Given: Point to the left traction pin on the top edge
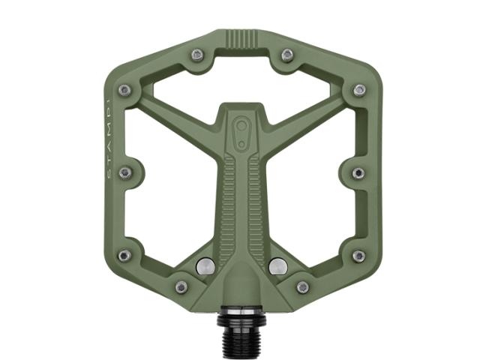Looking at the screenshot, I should tap(196, 54).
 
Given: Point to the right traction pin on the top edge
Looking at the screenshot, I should tap(286, 54).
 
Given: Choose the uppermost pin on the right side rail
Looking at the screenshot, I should tap(359, 90).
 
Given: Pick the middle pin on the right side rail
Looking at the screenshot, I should tap(358, 172).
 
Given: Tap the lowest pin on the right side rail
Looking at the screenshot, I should tap(358, 256).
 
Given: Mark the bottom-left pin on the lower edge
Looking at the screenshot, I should tap(181, 286).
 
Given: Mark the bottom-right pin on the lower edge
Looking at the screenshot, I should tap(302, 286).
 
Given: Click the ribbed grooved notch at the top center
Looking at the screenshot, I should tap(241, 39).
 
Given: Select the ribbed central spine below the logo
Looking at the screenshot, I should tap(241, 202).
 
